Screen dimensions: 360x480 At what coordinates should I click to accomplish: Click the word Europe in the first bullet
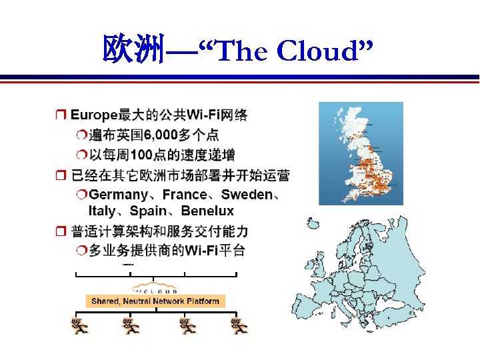click(94, 115)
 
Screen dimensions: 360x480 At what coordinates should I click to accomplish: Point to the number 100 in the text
click(144, 155)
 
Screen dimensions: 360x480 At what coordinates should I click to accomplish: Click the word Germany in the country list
click(119, 195)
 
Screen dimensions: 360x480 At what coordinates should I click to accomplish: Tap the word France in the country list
click(185, 195)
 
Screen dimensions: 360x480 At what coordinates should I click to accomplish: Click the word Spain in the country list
click(148, 211)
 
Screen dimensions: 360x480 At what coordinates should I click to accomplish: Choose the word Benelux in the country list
click(207, 211)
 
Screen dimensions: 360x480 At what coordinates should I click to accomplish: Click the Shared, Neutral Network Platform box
click(155, 301)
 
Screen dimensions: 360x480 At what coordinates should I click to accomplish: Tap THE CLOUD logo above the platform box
click(155, 289)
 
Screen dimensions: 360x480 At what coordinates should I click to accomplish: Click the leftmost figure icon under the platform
click(78, 326)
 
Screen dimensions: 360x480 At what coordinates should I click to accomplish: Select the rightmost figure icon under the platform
click(239, 326)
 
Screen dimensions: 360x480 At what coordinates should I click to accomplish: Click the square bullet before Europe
click(60, 116)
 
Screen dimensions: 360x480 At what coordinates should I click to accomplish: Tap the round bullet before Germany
click(81, 195)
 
